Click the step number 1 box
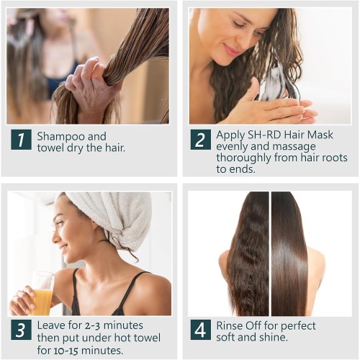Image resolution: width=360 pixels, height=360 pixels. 21,140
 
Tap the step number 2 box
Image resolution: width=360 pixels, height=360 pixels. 201,140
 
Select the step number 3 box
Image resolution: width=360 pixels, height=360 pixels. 21,330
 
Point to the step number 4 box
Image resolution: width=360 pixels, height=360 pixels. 201,330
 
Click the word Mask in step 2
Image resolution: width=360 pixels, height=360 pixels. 320,135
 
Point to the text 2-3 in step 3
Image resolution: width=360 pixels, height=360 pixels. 92,325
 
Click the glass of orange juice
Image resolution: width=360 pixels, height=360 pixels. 42,293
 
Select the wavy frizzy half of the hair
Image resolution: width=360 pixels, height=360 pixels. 248,253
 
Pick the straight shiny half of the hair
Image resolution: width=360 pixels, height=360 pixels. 289,253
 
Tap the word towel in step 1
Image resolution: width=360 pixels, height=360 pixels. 50,148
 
